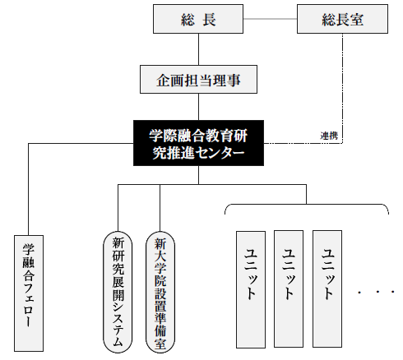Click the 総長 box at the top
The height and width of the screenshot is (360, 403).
pos(198,19)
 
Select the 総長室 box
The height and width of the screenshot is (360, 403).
pos(342,19)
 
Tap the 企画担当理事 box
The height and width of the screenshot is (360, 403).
pos(198,80)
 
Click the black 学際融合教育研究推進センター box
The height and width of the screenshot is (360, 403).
pos(198,143)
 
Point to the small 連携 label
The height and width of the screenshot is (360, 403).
pos(329,136)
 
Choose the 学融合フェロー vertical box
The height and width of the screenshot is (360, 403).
pos(29,293)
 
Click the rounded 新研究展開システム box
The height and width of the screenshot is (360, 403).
pos(118,293)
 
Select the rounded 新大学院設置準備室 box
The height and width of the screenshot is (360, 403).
pos(160,293)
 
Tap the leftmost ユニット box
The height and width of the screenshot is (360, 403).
pos(251,289)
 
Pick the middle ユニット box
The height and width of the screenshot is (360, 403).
pos(289,289)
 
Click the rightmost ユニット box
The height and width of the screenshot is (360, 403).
pos(327,289)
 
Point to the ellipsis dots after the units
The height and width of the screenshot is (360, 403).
pos(376,292)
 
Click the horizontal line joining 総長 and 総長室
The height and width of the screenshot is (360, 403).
pos(270,19)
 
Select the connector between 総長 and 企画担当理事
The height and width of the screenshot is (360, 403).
pos(198,49)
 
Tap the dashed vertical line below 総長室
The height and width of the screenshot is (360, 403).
pos(342,88)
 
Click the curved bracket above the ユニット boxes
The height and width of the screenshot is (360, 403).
pos(306,205)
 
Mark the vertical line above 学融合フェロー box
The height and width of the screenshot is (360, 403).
pos(29,189)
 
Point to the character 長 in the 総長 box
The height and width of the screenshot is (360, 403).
pos(209,19)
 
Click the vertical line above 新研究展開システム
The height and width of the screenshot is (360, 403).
pos(118,208)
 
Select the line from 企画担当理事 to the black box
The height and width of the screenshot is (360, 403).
pos(198,107)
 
